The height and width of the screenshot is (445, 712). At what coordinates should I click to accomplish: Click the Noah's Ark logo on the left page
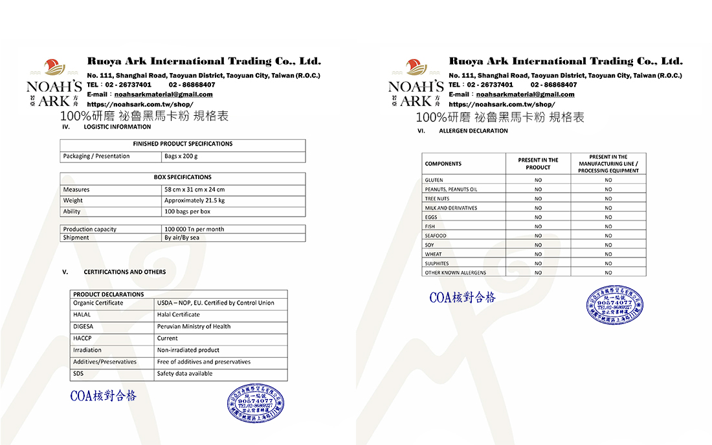coord(54,83)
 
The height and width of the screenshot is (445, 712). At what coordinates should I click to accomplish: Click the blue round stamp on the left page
coord(256,404)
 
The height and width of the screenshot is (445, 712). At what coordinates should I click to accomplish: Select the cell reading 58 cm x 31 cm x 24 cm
coord(194,190)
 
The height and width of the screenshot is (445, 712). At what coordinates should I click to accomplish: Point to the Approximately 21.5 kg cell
coord(194,201)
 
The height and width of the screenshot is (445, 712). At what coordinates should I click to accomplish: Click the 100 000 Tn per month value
coord(194,229)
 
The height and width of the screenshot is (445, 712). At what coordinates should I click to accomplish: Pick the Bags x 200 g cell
coord(181,156)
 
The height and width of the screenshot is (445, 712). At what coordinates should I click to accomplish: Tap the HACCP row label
coord(82,338)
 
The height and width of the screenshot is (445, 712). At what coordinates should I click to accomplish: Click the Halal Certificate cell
coord(179,314)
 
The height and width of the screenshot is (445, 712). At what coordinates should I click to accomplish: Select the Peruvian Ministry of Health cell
coord(194,327)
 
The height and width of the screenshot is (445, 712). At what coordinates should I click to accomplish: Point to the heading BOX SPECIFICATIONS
coord(183,177)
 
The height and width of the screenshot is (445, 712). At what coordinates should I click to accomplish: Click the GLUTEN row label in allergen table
coord(434,180)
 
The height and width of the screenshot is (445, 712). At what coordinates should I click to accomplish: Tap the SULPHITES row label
coord(438,263)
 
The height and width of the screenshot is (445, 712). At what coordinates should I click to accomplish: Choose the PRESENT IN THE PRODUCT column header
coord(538,164)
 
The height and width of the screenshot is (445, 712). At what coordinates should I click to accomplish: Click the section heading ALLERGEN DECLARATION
coord(473,131)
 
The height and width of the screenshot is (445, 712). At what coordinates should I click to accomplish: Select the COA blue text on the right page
coord(462,298)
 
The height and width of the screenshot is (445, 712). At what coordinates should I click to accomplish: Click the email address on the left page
coord(164,94)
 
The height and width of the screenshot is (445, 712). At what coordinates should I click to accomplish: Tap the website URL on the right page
coord(502,104)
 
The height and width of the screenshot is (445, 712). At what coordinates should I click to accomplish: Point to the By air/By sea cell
coord(182,237)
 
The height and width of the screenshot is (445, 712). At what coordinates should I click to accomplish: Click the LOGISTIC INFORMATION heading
coord(117,127)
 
